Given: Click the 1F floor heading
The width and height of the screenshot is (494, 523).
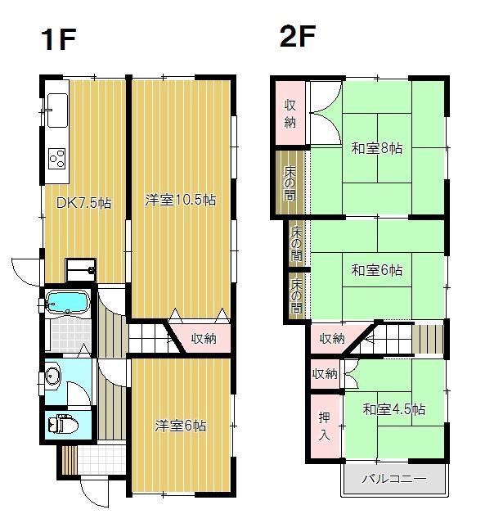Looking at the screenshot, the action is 59,39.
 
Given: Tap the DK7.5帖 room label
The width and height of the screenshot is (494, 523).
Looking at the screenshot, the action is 83,203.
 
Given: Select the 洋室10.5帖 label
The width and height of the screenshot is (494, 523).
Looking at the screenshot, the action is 180,201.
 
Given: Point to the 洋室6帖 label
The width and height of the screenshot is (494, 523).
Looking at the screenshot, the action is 180,426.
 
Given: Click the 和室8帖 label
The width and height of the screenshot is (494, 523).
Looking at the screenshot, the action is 377,148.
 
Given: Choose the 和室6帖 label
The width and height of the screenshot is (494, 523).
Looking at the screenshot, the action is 377,270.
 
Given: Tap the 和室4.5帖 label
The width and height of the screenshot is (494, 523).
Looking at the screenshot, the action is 393,409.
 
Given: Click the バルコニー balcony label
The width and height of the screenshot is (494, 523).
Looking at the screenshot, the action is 394,480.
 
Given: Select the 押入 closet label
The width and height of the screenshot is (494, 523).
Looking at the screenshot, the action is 324,426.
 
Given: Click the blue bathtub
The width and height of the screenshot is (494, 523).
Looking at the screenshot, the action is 67,302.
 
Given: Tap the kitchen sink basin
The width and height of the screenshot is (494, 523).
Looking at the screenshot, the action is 57,110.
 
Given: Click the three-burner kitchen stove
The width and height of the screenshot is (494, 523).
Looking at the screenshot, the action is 57,159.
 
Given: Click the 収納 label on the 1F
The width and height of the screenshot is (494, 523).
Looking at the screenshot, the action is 204,339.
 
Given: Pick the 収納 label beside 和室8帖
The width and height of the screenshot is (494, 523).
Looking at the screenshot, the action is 290,114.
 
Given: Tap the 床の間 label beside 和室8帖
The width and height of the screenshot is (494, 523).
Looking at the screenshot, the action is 290,183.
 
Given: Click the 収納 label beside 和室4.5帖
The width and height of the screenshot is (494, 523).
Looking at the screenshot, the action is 325,374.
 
